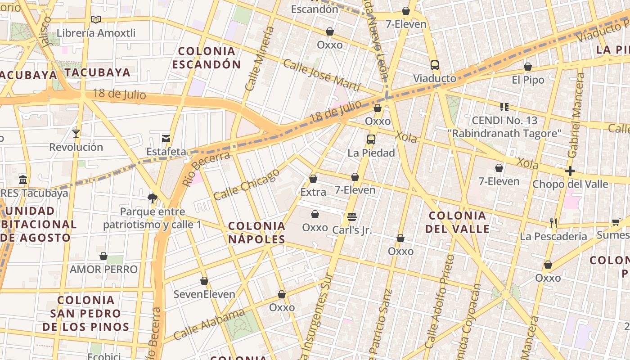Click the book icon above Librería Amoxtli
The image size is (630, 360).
pyautogui.click(x=95, y=19)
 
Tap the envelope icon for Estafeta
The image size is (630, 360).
pyautogui.click(x=166, y=138)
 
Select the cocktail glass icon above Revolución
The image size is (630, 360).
pyautogui.click(x=76, y=133)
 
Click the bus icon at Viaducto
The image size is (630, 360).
pyautogui.click(x=434, y=65)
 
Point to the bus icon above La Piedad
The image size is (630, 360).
pyautogui.click(x=371, y=139)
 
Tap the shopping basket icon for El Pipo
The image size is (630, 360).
pyautogui.click(x=528, y=67)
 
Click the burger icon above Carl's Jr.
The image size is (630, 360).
pyautogui.click(x=352, y=217)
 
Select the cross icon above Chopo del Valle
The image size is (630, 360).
pyautogui.click(x=570, y=171)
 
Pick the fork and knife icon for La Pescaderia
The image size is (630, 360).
pyautogui.click(x=553, y=223)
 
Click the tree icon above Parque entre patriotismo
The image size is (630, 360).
pyautogui.click(x=152, y=198)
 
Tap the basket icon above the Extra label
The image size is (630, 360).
pyautogui.click(x=313, y=179)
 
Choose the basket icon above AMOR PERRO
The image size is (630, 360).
pyautogui.click(x=103, y=256)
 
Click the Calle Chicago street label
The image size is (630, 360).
pyautogui.click(x=246, y=184)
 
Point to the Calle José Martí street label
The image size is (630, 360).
pyautogui.click(x=321, y=75)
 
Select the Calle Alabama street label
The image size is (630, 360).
pyautogui.click(x=209, y=324)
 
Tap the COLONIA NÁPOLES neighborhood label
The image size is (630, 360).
pyautogui.click(x=256, y=232)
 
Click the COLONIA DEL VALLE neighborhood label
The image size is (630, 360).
pyautogui.click(x=457, y=222)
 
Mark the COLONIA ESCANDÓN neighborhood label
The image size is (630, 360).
pyautogui.click(x=207, y=58)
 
